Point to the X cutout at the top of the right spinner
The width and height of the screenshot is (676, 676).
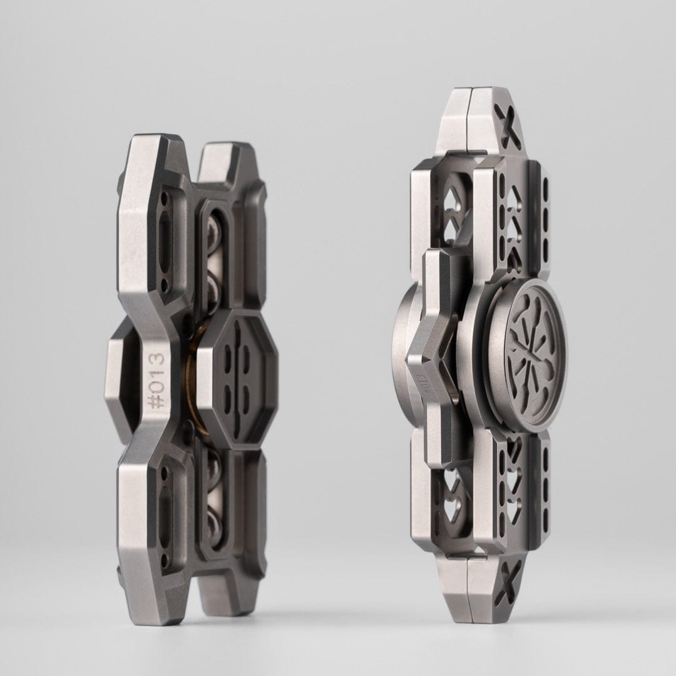pyautogui.click(x=508, y=118)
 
